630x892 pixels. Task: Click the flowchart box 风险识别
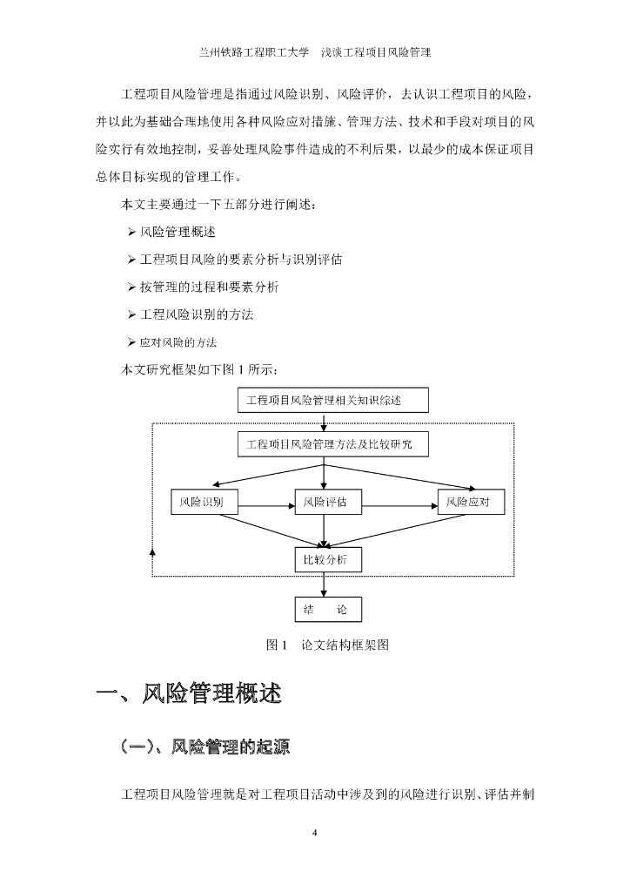pyautogui.click(x=202, y=503)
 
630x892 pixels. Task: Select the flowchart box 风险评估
pyautogui.click(x=325, y=503)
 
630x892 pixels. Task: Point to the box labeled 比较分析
pyautogui.click(x=325, y=560)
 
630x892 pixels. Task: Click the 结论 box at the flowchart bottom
pyautogui.click(x=325, y=610)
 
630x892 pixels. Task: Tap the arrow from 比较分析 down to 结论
pyautogui.click(x=325, y=585)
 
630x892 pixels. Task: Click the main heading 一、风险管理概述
pyautogui.click(x=188, y=694)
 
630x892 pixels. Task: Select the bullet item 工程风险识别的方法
pyautogui.click(x=196, y=314)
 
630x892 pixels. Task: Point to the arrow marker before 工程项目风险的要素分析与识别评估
pyautogui.click(x=131, y=260)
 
